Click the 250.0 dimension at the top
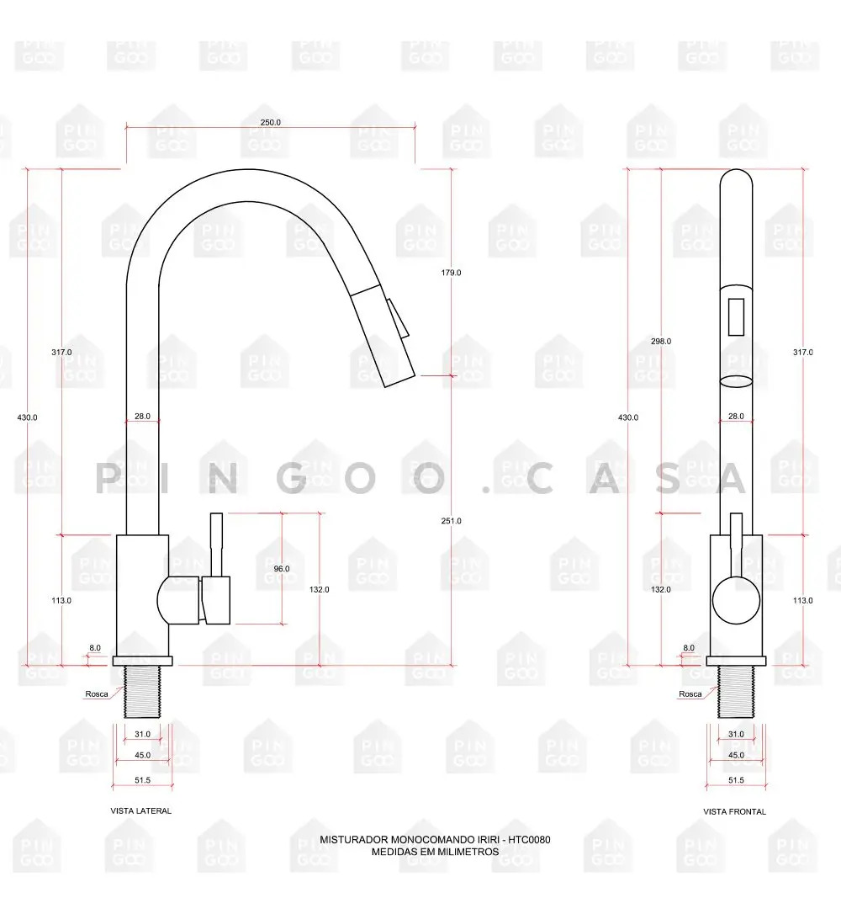point(270,122)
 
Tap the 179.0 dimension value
point(451,272)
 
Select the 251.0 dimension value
point(451,520)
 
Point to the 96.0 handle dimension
point(281,568)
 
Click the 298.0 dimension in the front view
point(661,341)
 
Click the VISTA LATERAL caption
point(141,810)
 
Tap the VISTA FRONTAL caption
point(734,811)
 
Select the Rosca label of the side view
point(97,694)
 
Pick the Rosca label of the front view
point(690,694)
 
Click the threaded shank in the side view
point(142,692)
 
